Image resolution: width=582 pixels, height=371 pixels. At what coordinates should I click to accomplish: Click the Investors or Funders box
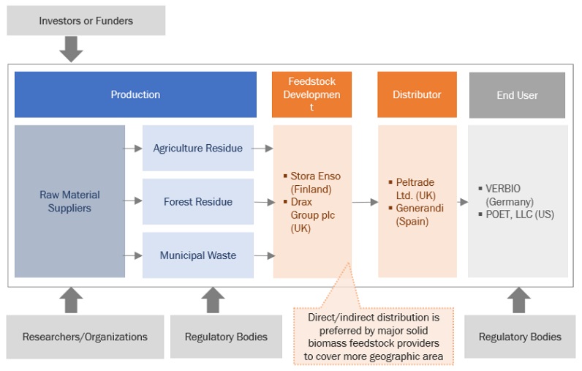coord(86,20)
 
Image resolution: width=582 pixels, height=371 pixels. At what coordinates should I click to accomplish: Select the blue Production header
coord(135,94)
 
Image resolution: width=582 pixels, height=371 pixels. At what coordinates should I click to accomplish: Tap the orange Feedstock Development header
coord(311,94)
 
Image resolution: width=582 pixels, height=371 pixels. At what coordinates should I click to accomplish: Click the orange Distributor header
coord(417,94)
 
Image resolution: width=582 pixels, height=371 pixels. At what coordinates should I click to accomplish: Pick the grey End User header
coord(517,95)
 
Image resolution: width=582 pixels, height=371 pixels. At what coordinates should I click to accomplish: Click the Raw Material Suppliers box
coord(69,201)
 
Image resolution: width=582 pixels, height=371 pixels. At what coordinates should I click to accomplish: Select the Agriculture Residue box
coord(197,148)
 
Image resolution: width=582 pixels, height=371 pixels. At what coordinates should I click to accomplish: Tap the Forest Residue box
coord(197,201)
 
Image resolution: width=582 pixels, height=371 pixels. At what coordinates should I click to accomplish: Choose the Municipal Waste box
coord(197,255)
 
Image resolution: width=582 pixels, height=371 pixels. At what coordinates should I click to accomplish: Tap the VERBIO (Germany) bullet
coord(512,195)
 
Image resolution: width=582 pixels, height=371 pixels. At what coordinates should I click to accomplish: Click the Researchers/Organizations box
coord(85,337)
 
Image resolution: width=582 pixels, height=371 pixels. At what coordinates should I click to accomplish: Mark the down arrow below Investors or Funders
coord(71,49)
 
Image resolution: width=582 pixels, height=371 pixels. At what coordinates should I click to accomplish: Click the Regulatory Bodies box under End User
coord(519,337)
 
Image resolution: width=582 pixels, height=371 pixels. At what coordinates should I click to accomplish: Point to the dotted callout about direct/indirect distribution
coord(374,336)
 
